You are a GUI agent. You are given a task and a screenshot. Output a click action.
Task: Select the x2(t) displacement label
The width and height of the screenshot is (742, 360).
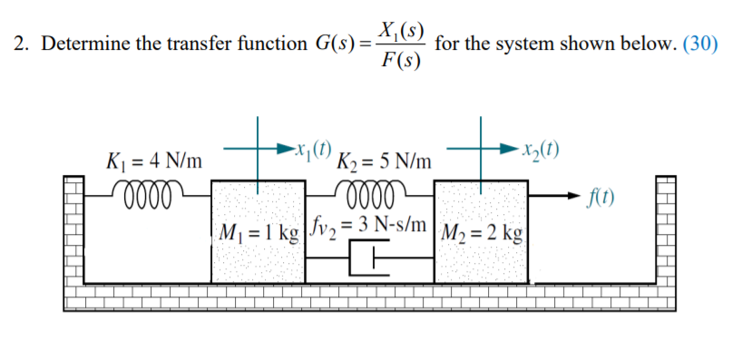[538, 150]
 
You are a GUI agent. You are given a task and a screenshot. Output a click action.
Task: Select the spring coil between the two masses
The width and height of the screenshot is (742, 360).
[366, 190]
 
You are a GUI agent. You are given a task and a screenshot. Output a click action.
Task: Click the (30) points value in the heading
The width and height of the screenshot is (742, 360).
[699, 43]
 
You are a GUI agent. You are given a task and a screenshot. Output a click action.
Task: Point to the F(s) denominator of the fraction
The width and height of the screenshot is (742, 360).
[399, 63]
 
